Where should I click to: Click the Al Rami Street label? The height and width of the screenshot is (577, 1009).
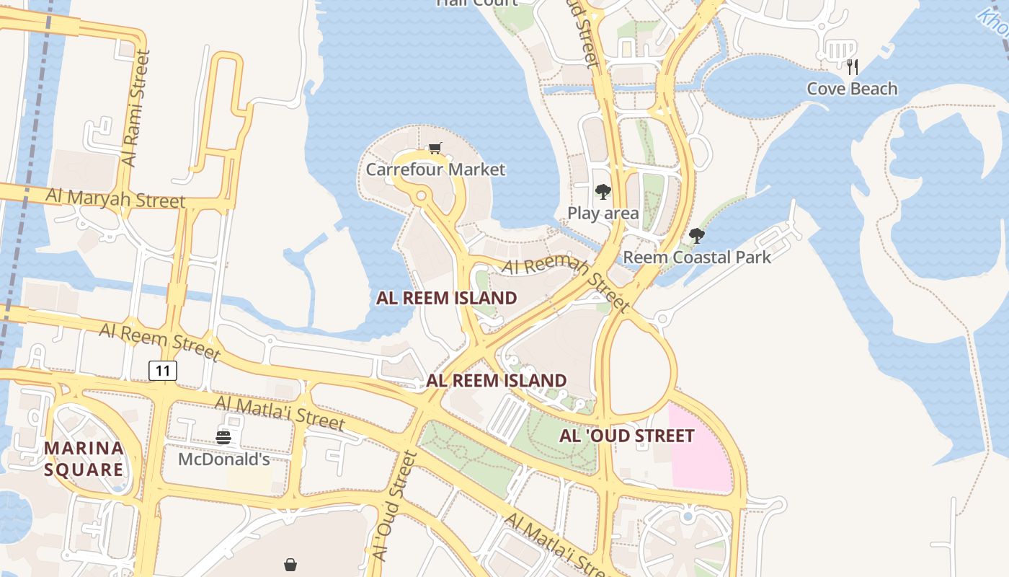tap(137, 108)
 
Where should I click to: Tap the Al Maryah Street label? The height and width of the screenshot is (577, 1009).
tap(115, 198)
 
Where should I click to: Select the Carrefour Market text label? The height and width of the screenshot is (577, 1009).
tap(435, 169)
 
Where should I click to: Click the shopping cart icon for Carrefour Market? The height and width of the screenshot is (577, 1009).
tap(435, 149)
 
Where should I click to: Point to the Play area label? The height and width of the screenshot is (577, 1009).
tap(603, 213)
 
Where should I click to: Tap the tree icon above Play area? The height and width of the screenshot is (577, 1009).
tap(603, 192)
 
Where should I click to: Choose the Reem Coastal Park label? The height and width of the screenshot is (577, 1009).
tap(697, 257)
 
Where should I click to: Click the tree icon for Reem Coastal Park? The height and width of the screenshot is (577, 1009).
tap(696, 235)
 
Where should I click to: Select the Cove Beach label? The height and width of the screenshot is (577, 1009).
tap(852, 89)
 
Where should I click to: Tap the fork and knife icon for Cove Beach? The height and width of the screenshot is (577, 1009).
tap(853, 67)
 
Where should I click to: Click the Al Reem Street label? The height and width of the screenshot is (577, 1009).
tap(159, 341)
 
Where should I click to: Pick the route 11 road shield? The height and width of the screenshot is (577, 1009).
tap(163, 371)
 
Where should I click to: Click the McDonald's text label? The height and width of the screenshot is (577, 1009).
tap(223, 459)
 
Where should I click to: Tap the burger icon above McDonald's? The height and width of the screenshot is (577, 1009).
tap(223, 437)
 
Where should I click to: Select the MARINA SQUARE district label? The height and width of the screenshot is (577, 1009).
tap(84, 459)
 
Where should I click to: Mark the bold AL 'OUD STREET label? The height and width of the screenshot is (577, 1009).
tap(627, 436)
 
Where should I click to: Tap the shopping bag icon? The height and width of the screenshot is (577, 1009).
tap(290, 565)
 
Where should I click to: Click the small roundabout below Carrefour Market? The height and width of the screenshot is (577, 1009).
tap(421, 195)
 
